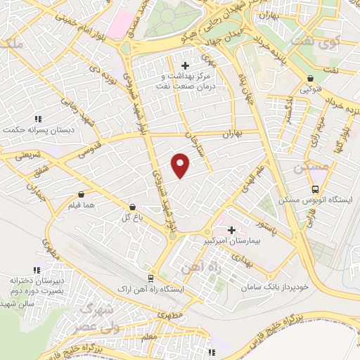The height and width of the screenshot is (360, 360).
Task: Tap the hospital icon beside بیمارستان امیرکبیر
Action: [x=231, y=229]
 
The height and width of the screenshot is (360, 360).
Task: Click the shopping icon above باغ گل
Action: [x=132, y=207]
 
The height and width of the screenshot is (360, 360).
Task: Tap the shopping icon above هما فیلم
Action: [x=82, y=193]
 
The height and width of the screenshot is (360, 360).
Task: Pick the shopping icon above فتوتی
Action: [x=310, y=79]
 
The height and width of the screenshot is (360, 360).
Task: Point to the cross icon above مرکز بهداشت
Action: [x=185, y=66]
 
